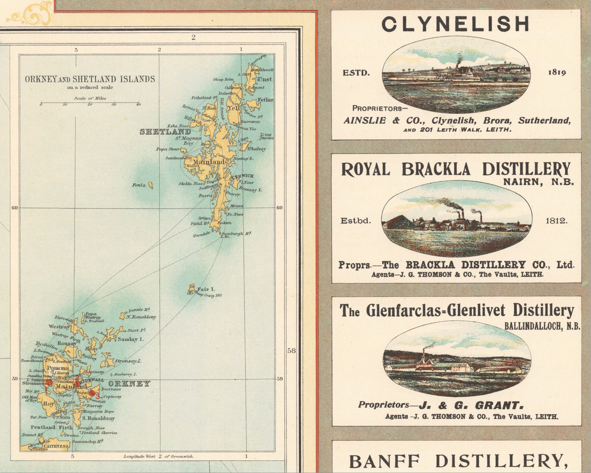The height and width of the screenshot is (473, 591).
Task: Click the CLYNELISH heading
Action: coord(455,24)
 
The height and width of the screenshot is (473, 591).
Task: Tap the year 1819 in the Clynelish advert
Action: coord(557,73)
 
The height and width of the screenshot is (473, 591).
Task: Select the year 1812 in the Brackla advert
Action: coord(556,221)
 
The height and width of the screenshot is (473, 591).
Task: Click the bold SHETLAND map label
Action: coord(165,132)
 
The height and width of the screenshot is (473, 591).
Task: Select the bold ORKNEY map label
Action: coord(129,383)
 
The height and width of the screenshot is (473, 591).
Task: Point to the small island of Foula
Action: coord(150,185)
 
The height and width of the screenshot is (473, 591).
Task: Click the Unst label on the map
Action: coord(264,79)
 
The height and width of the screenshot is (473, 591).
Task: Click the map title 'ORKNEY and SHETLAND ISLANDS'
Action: coord(90,79)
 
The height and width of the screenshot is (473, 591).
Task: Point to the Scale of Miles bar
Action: coord(90,103)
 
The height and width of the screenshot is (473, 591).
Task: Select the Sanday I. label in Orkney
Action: coord(129,339)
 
